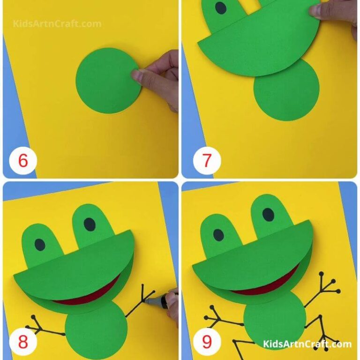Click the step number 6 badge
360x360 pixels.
tap(22, 161)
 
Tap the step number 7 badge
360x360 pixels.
tap(207, 161)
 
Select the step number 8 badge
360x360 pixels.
tap(22, 342)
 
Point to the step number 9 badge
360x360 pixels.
tap(207, 342)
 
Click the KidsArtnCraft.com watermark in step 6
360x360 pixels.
tap(57, 23)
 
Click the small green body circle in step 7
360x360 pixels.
tap(286, 91)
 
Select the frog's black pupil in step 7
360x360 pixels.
tap(221, 8)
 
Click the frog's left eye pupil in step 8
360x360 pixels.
tap(40, 244)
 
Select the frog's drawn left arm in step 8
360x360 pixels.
tap(45, 327)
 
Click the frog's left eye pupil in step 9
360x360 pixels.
tap(218, 234)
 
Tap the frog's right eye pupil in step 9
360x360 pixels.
tap(268, 215)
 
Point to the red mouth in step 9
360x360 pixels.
tap(265, 289)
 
